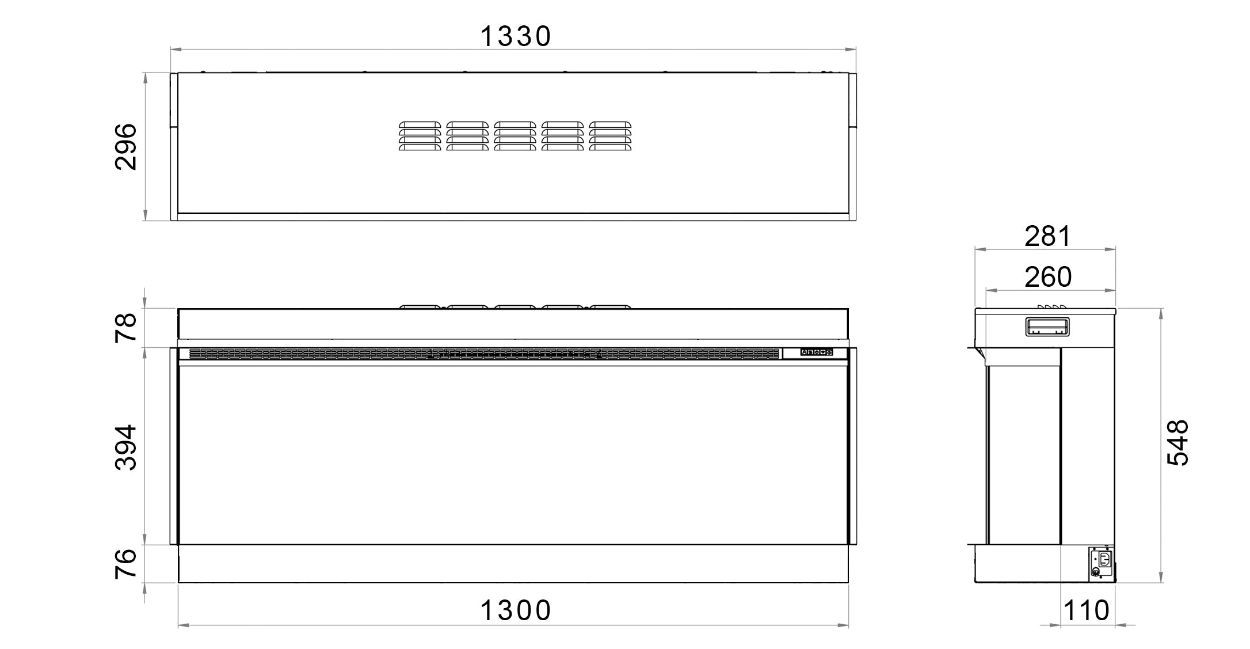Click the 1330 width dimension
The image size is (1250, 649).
pos(515,36)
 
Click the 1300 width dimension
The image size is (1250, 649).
pos(515,610)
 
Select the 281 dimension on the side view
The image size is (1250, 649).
pos(1047,236)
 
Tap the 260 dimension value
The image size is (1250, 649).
pos(1047,277)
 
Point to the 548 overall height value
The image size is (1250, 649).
pos(1177,442)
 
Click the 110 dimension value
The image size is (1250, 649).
pos(1086,610)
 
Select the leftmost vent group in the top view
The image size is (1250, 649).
pos(420,136)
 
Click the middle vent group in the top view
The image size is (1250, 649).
pos(515,136)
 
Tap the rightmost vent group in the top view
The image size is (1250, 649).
pos(610,136)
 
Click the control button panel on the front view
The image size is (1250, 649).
pos(817,352)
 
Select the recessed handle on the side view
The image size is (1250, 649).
pos(1047,327)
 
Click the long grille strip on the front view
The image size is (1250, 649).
pos(483,354)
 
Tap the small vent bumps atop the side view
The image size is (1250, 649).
pos(1051,306)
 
